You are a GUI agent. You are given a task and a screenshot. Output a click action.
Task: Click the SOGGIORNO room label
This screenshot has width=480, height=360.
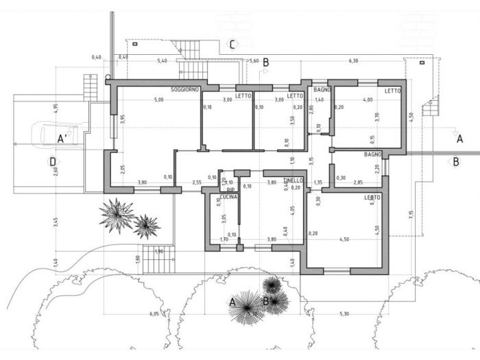(x=185, y=90)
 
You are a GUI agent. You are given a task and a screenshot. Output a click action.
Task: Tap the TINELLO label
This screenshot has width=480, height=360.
(x=293, y=180)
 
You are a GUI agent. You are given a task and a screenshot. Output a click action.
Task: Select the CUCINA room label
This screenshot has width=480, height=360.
(x=229, y=197)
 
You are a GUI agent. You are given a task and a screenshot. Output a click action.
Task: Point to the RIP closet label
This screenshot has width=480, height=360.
(x=231, y=189)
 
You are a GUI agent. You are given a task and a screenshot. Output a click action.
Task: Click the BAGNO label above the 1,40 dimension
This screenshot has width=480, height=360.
(x=322, y=90)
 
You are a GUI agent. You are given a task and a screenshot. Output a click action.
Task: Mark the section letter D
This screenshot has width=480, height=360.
(x=52, y=162)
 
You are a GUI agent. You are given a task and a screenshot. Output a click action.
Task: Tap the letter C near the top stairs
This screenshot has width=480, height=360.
(x=233, y=45)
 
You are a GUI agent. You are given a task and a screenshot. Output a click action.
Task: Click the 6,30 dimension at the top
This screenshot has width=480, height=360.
(x=354, y=61)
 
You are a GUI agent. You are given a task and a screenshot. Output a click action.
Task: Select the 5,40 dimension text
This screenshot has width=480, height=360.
(x=163, y=61)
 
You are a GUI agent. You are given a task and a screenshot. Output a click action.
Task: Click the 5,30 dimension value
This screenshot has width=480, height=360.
(x=344, y=313)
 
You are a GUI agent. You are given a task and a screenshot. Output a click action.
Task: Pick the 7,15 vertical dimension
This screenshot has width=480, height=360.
(x=411, y=215)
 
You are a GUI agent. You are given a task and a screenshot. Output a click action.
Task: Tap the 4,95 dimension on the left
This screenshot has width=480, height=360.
(x=56, y=110)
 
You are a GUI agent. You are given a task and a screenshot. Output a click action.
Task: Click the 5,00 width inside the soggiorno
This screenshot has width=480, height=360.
(x=159, y=101)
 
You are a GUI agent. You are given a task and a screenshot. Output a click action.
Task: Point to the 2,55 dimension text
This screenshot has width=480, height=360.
(x=197, y=182)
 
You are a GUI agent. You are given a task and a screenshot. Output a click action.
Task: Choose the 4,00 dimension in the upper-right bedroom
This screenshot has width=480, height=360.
(x=368, y=101)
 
